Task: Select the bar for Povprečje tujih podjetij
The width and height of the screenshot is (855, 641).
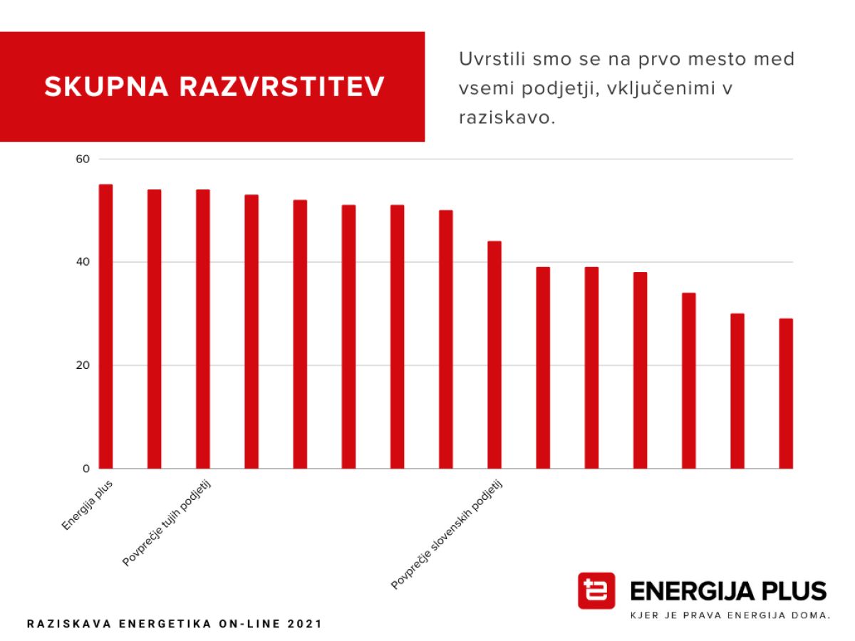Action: (x=203, y=329)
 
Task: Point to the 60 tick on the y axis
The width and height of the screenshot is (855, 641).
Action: (x=83, y=159)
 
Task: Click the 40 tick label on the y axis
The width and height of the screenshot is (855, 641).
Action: (x=83, y=262)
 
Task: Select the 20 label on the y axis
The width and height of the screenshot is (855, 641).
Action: (x=83, y=365)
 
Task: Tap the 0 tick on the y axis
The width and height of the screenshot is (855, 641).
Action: (x=85, y=469)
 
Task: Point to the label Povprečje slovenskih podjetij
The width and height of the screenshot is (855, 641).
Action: (x=447, y=535)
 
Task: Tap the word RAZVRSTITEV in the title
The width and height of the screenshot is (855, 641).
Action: (x=282, y=87)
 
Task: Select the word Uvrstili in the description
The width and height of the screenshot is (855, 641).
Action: (x=489, y=59)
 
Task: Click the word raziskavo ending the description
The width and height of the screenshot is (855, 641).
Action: (x=506, y=118)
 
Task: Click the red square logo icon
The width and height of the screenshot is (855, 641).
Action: (x=596, y=590)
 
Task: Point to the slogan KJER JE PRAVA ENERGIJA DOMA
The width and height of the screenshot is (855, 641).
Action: (x=730, y=615)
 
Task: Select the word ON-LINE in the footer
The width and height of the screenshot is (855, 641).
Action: (x=254, y=624)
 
